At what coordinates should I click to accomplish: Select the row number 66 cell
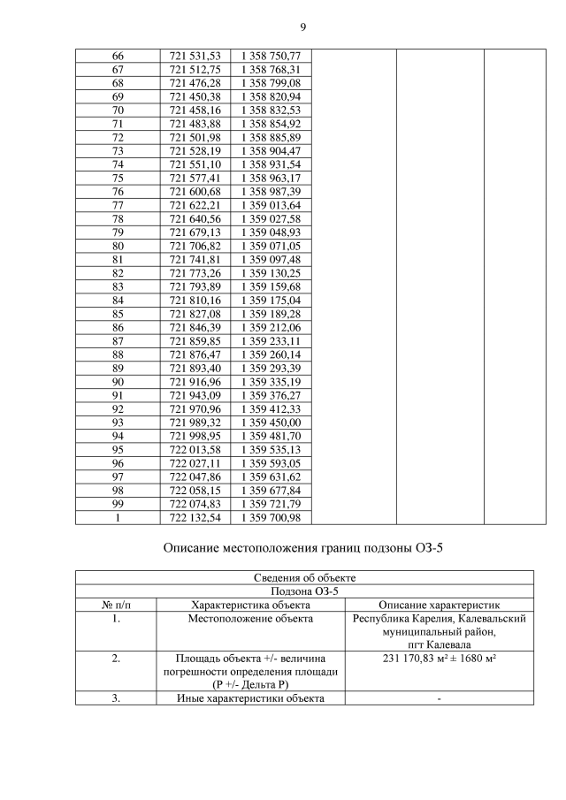(x=118, y=57)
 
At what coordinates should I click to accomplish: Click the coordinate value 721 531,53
(x=195, y=57)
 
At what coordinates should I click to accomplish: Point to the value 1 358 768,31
(x=271, y=70)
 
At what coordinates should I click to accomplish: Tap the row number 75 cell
(x=118, y=178)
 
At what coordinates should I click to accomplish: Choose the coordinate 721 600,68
(x=195, y=192)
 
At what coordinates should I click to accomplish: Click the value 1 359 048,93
(x=271, y=232)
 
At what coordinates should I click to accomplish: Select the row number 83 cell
(x=118, y=286)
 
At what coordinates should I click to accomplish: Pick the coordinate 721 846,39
(x=195, y=327)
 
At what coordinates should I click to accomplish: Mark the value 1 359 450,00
(x=271, y=423)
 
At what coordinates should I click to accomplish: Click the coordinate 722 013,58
(x=195, y=449)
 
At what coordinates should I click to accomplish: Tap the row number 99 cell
(x=118, y=504)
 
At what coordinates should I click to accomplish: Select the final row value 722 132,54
(x=195, y=517)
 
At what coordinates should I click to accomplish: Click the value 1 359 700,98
(x=271, y=517)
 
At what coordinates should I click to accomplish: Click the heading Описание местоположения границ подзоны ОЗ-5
(x=303, y=548)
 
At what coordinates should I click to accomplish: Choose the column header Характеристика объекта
(x=250, y=605)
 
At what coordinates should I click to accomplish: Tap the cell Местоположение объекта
(x=250, y=619)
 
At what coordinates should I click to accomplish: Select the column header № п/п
(x=116, y=605)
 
